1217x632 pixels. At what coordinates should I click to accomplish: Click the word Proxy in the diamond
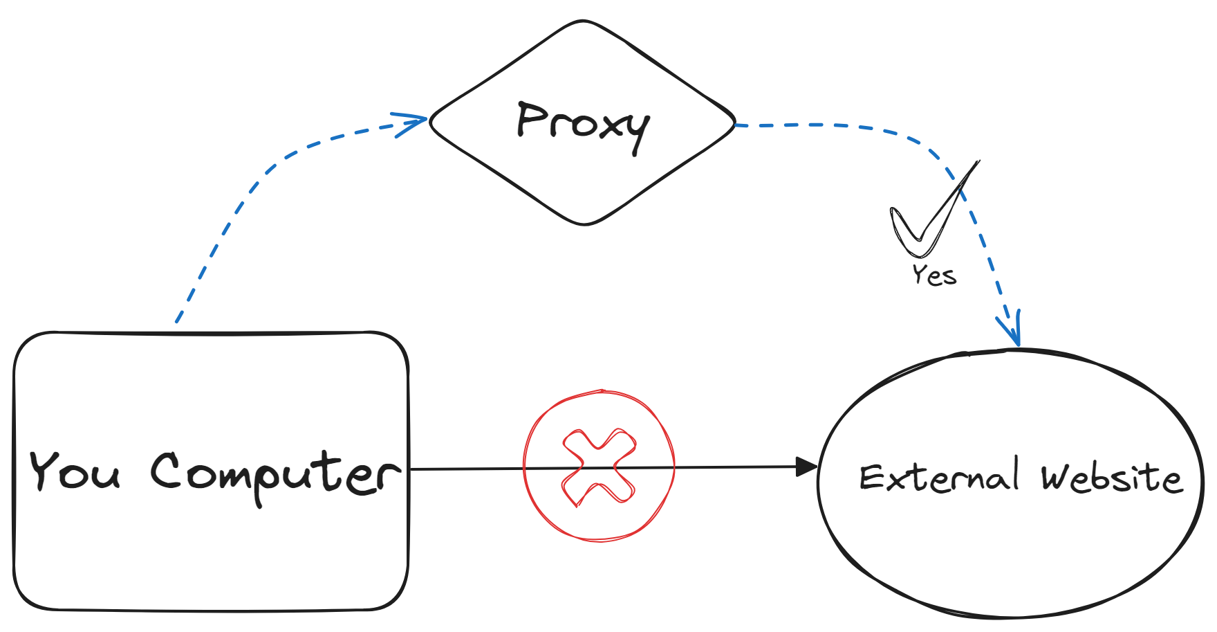coord(583,125)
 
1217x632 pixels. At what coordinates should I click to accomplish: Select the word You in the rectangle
coord(75,471)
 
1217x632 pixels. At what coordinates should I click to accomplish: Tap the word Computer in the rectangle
coord(275,475)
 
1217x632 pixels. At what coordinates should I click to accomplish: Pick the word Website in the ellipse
coord(1111,478)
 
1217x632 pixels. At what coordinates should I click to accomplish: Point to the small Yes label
coord(934,276)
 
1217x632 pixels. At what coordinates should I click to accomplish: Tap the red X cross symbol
coord(599,467)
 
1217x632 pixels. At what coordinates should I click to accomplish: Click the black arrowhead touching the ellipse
coord(806,467)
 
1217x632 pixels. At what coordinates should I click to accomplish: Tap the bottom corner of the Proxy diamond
coord(584,224)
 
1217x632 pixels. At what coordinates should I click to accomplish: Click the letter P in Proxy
coord(531,119)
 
